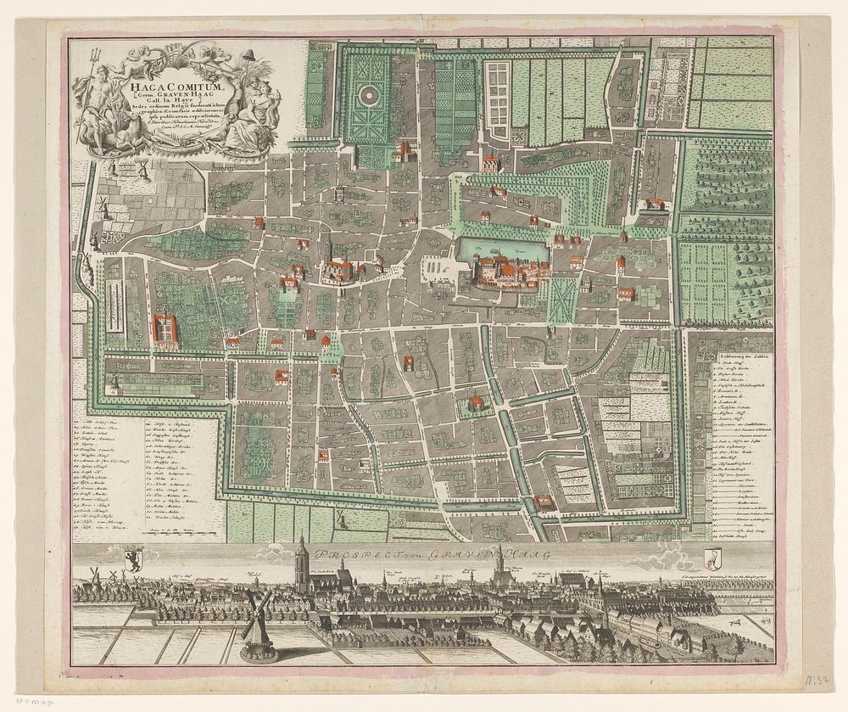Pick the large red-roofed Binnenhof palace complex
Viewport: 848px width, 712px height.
(x=509, y=273)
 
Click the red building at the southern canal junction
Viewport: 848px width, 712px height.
(x=545, y=502)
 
